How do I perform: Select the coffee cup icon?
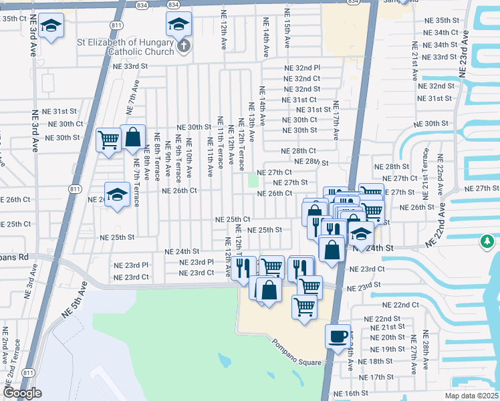click(x=338, y=335)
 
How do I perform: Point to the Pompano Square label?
click(x=297, y=352)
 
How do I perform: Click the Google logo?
click(x=22, y=394)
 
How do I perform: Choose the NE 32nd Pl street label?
click(x=302, y=68)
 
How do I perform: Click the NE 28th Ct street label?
click(x=298, y=152)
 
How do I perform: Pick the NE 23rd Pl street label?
click(x=196, y=263)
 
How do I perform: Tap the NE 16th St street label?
click(x=351, y=394)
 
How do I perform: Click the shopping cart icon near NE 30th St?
click(x=108, y=140)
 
